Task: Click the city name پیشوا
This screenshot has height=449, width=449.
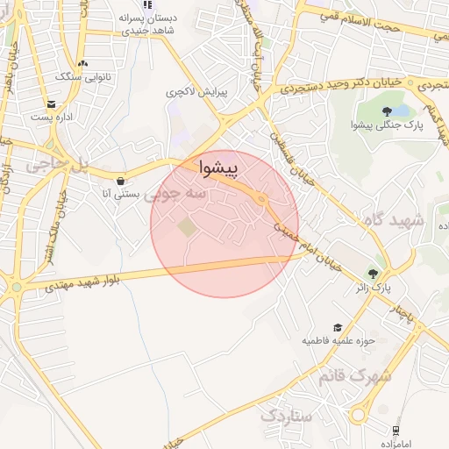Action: (x=218, y=167)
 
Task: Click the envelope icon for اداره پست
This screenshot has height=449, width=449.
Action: (x=52, y=103)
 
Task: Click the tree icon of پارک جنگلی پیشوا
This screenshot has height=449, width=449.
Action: (x=387, y=110)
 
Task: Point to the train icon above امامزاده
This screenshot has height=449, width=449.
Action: (x=396, y=430)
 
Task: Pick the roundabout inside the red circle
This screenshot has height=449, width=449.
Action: (x=261, y=200)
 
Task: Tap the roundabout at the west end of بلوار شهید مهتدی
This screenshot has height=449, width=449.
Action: (x=16, y=287)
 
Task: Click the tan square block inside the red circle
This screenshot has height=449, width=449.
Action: (x=188, y=227)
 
